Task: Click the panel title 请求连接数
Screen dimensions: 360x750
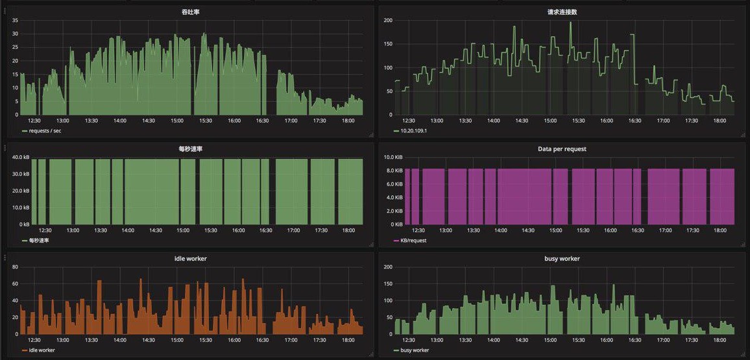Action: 562,12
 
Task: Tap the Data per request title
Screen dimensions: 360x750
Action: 562,149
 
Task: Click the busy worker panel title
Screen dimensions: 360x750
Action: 562,259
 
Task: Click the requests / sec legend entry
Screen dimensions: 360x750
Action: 43,130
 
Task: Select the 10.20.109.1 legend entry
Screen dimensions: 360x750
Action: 414,130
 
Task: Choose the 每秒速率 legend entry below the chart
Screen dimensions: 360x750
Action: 39,241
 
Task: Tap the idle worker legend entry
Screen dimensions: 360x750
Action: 39,350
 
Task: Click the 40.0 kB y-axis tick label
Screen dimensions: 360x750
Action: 19,157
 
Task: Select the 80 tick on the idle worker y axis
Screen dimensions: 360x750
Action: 16,267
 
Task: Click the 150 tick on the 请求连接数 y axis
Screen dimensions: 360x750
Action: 387,44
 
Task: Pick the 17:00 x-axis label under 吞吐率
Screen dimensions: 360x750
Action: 291,121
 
